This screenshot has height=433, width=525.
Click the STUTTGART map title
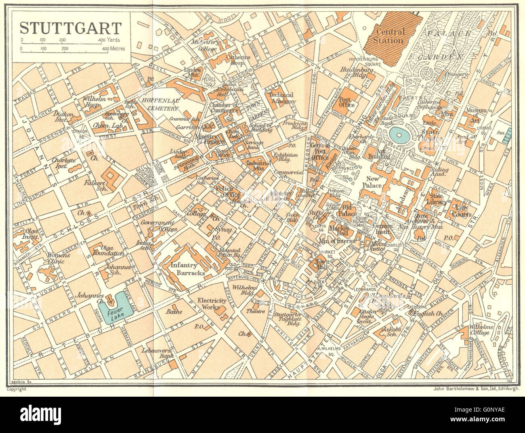70,28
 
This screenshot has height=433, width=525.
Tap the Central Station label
389,36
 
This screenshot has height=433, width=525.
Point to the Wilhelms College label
479,330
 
